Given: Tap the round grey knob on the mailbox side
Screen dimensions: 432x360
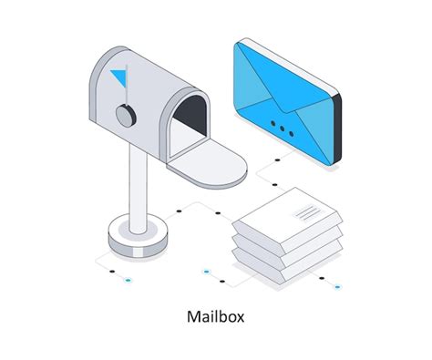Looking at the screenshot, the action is point(125,115).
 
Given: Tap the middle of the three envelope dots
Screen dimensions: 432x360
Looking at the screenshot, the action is point(283,126).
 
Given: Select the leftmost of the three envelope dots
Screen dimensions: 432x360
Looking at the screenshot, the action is point(272,119).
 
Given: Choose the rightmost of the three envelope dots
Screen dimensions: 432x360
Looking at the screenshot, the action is point(294,132).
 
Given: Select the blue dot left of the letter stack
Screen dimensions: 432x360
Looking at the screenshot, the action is point(206,272).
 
